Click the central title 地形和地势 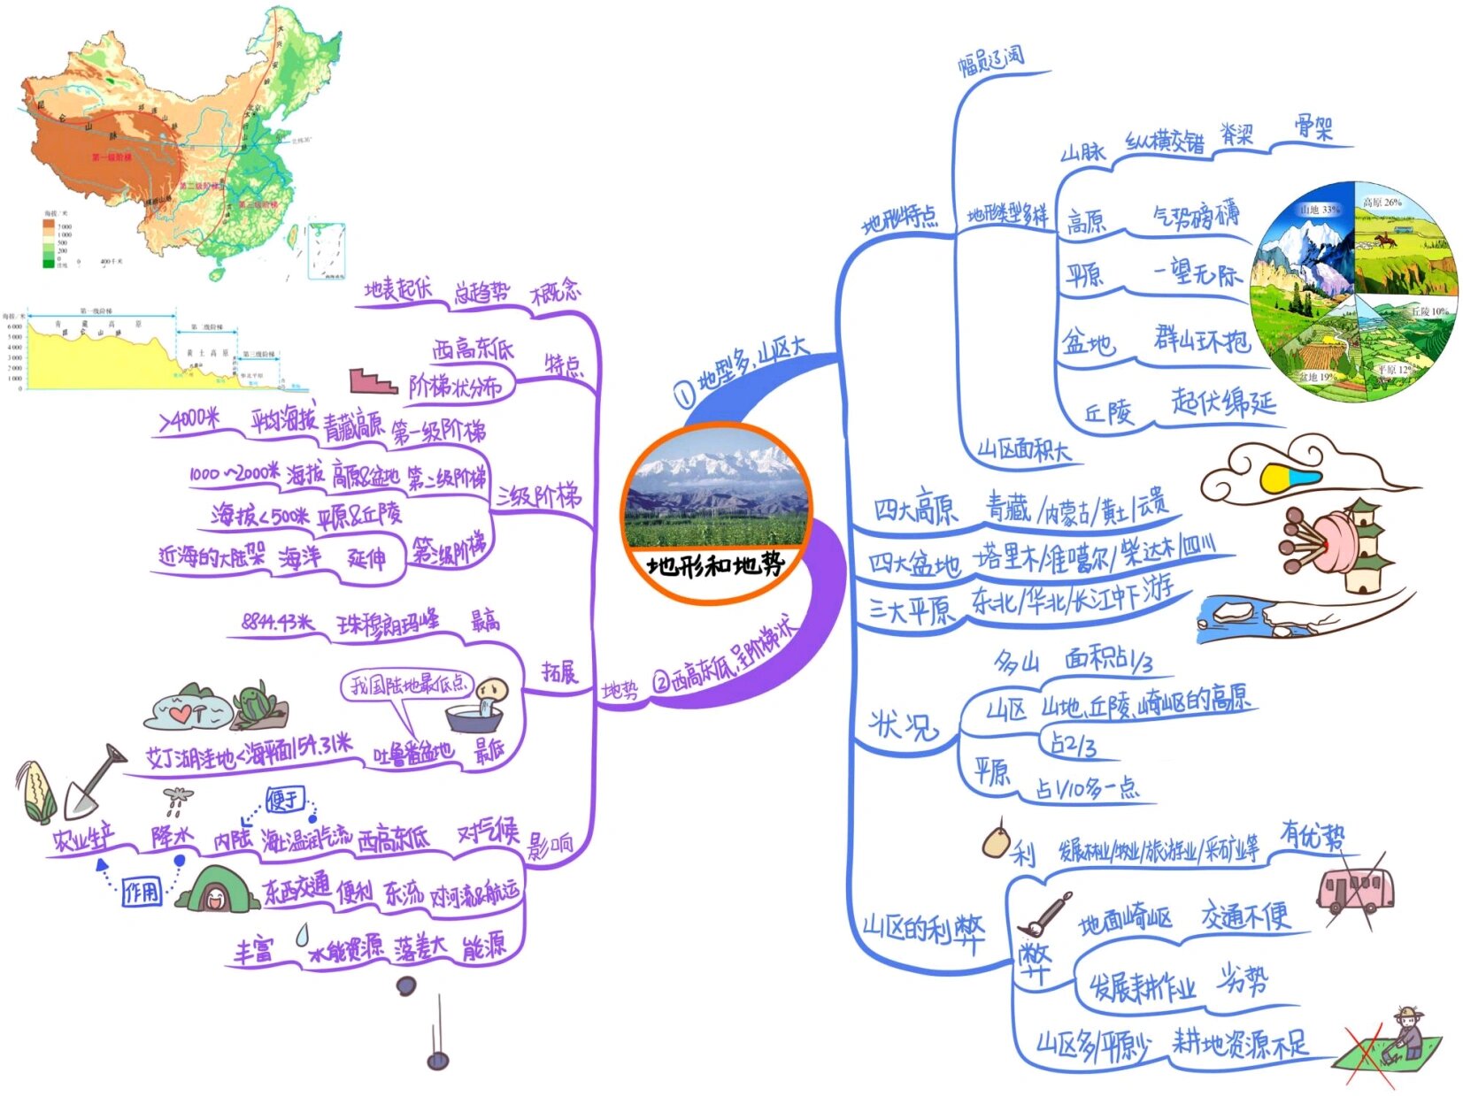(715, 564)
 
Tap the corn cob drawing (36, 790)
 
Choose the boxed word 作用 (142, 892)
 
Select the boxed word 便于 (285, 800)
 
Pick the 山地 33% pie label (1319, 210)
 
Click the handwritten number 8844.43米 (278, 623)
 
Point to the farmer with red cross (1394, 1044)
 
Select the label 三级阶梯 (538, 496)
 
